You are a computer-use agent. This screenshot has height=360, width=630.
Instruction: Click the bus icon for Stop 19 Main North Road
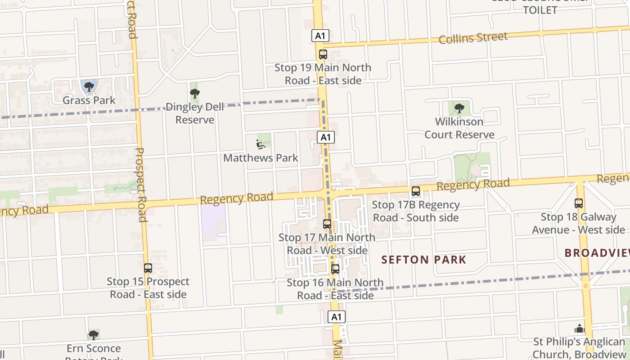[x=323, y=54]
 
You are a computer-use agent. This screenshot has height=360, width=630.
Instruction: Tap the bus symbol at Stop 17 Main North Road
[x=327, y=224]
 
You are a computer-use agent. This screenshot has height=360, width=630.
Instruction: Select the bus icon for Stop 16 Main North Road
[x=335, y=269]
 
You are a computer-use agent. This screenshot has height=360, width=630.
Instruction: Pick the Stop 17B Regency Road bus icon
[x=416, y=191]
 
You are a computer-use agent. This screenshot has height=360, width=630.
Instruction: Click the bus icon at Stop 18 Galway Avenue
[x=579, y=203]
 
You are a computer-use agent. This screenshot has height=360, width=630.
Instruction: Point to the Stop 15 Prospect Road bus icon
[x=148, y=268]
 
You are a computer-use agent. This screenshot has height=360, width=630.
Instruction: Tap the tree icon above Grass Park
[x=89, y=86]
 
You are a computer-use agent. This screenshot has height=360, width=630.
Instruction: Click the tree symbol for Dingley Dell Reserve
[x=195, y=94]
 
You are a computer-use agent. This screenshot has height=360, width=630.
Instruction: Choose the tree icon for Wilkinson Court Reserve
[x=459, y=108]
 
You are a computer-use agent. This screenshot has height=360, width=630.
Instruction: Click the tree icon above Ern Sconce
[x=94, y=335]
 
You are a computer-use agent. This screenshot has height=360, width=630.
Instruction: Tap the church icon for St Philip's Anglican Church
[x=580, y=328]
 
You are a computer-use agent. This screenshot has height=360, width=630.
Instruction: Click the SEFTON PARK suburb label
[x=424, y=260]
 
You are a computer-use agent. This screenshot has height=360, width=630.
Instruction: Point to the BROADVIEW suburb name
[x=597, y=253]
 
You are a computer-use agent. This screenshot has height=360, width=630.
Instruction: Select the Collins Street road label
[x=473, y=38]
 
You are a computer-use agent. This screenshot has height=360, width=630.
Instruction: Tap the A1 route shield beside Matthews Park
[x=326, y=137]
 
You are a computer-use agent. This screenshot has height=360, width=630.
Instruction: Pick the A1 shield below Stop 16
[x=337, y=317]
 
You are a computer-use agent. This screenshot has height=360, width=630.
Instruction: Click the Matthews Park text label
[x=261, y=158]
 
